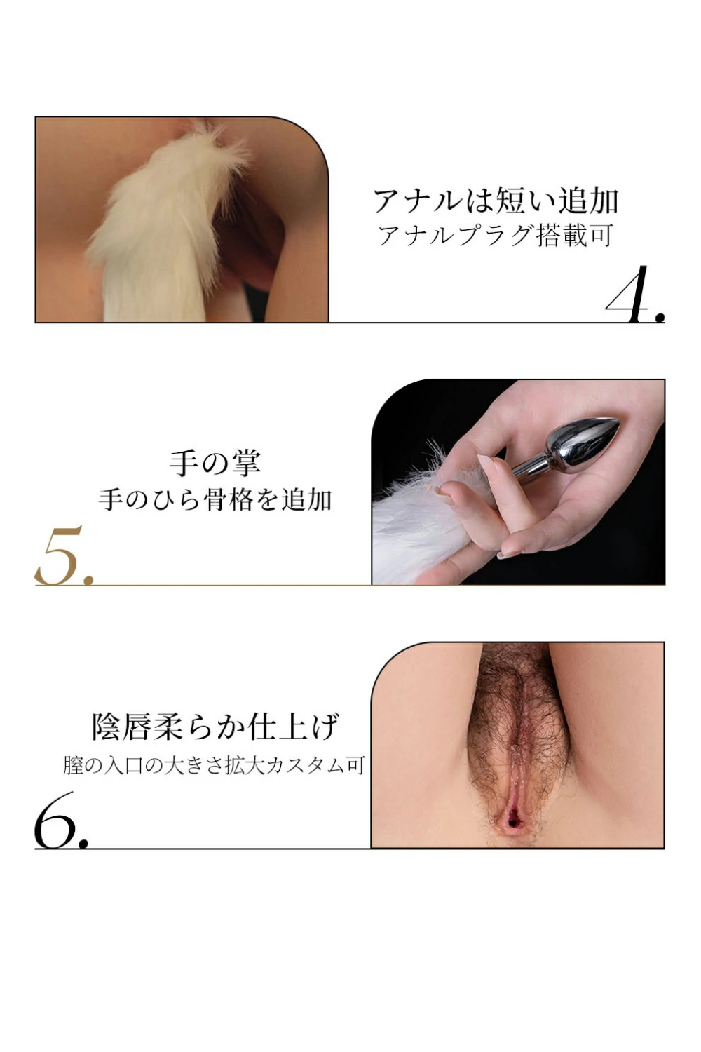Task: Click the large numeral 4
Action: tap(634, 295)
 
